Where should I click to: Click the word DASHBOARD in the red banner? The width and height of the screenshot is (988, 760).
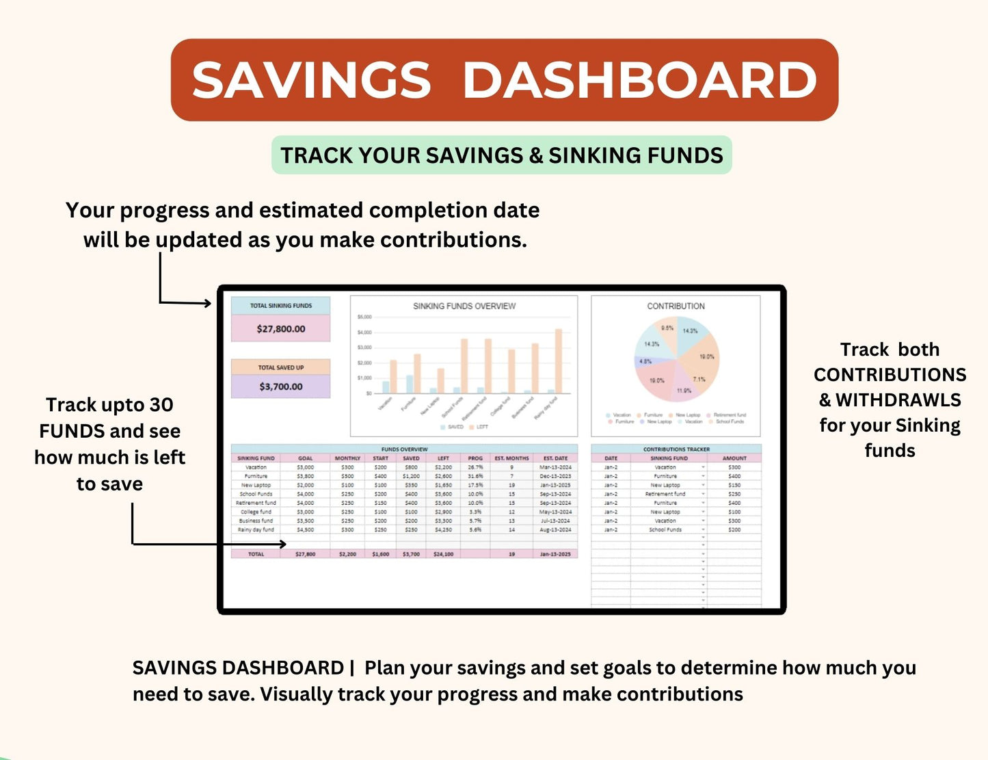click(x=640, y=80)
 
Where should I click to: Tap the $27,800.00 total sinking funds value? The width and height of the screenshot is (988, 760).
click(x=281, y=329)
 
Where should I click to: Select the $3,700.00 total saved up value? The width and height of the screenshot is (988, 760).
click(x=281, y=386)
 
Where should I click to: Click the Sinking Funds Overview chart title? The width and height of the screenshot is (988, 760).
click(x=464, y=306)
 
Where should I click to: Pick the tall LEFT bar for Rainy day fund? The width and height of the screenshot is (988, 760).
click(x=559, y=361)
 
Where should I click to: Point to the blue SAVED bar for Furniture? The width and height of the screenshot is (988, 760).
click(x=410, y=384)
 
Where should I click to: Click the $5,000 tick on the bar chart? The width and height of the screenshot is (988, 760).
click(x=364, y=317)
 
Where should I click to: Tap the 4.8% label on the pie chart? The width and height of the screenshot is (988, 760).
click(x=645, y=361)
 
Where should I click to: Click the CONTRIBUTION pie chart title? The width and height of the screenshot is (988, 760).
click(x=676, y=306)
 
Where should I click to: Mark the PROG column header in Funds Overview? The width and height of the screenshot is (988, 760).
click(x=475, y=458)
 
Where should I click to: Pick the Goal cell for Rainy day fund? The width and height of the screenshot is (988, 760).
click(x=306, y=529)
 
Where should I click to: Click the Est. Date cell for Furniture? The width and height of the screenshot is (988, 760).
click(x=555, y=476)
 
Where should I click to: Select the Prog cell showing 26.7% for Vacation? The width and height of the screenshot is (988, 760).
click(x=475, y=467)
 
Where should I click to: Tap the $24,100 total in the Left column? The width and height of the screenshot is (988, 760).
click(x=443, y=554)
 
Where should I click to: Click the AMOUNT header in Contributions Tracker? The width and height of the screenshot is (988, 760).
click(x=734, y=458)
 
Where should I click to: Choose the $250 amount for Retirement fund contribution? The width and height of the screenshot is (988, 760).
click(x=734, y=494)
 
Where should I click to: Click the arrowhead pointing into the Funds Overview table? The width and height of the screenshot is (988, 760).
click(x=282, y=545)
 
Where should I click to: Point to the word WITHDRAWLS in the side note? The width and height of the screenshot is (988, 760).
click(x=898, y=400)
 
